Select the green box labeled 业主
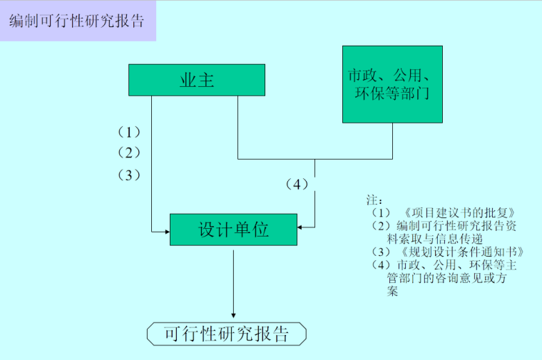(x=197, y=80)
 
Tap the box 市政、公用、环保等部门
(x=392, y=84)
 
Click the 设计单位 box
(x=233, y=229)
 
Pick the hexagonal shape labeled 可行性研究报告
(x=226, y=334)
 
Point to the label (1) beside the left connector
(x=129, y=132)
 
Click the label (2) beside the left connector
(x=129, y=153)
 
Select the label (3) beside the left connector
(x=129, y=175)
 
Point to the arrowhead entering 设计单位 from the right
(x=302, y=227)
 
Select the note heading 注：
(x=374, y=200)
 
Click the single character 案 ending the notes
(x=393, y=291)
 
